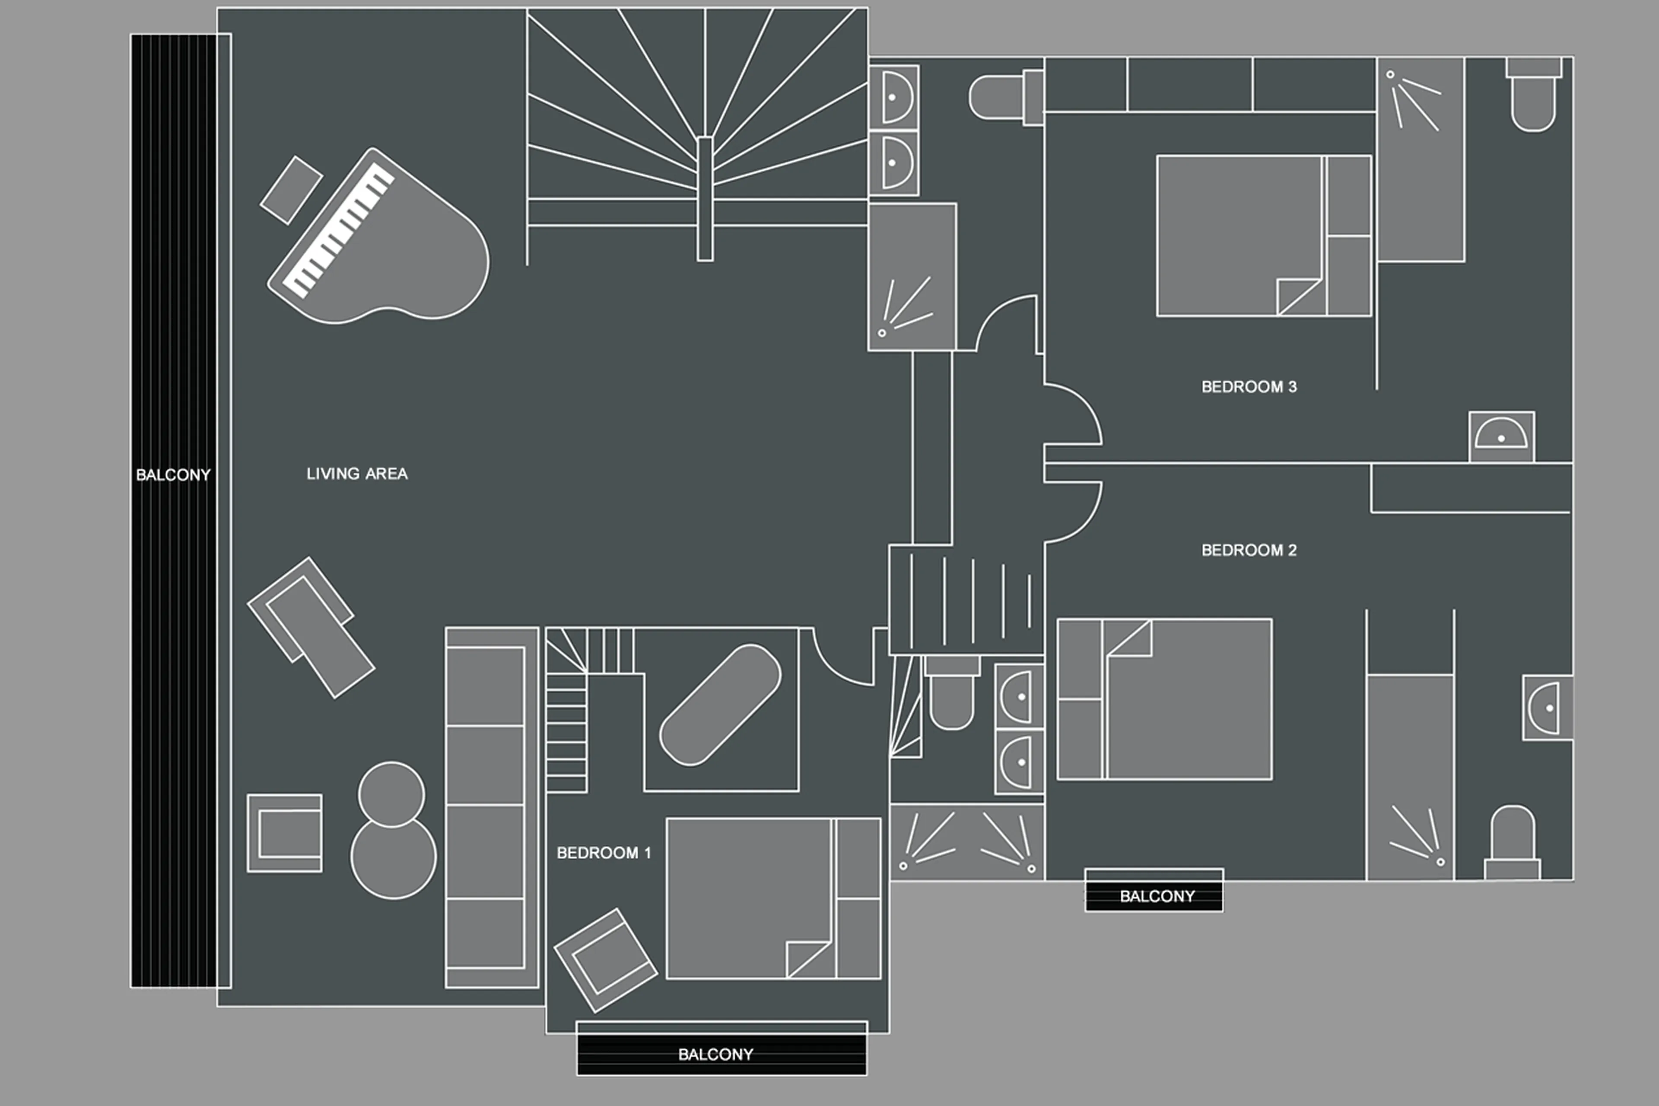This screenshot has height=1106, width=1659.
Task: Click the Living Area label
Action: click(x=357, y=474)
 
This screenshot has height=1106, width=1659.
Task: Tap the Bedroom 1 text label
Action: click(x=604, y=853)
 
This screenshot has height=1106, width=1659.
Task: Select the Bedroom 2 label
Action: click(x=1249, y=550)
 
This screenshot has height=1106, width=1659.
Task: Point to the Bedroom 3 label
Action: click(x=1249, y=386)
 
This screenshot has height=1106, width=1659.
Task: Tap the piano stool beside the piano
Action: click(x=291, y=191)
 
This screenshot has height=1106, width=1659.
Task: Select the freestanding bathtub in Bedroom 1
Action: click(x=720, y=704)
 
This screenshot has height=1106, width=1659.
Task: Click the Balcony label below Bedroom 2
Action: click(x=1157, y=896)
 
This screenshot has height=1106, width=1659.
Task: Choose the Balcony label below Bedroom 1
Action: click(x=715, y=1055)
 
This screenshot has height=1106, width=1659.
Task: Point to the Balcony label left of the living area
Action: click(x=173, y=475)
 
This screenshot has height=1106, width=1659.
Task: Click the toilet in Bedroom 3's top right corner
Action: click(x=1533, y=99)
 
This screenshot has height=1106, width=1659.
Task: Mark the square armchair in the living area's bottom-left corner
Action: click(x=285, y=833)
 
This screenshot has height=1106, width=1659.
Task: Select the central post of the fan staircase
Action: click(x=704, y=198)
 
